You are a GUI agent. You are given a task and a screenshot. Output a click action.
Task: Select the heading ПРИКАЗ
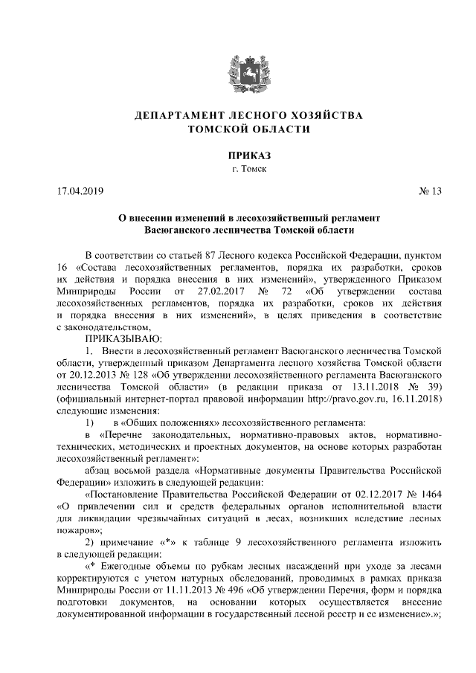238,155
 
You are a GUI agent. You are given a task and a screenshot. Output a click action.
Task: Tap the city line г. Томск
238,170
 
